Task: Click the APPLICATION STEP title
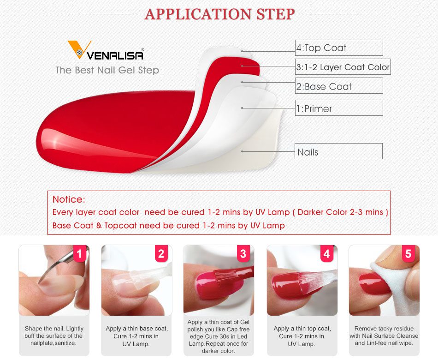click(219, 14)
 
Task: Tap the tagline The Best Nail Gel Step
click(107, 71)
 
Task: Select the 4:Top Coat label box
click(339, 48)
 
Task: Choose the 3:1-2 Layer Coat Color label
click(343, 67)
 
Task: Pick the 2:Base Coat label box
click(339, 86)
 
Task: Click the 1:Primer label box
click(339, 108)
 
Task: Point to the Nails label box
click(339, 152)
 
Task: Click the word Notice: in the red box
click(69, 199)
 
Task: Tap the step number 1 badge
click(79, 254)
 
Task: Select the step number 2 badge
click(161, 254)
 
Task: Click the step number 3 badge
click(243, 254)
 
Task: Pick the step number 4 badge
click(326, 254)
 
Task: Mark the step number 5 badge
click(408, 254)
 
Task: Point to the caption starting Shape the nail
click(54, 336)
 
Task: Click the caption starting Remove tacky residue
click(384, 336)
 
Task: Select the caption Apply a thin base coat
click(136, 336)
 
